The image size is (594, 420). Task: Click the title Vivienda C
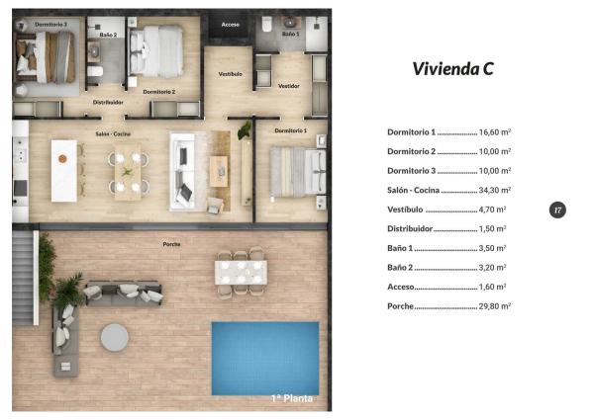tap(452, 69)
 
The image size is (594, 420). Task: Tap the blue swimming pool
tap(264, 358)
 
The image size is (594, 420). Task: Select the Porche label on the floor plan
tap(171, 244)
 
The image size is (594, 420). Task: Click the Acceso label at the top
tap(231, 24)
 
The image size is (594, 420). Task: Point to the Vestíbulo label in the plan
tap(230, 74)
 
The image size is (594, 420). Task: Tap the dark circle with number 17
tap(558, 210)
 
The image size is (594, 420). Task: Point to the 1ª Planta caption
tap(292, 399)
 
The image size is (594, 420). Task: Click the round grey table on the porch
tap(114, 336)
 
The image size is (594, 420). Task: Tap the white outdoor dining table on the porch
tap(241, 269)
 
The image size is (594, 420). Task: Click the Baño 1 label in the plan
tap(289, 34)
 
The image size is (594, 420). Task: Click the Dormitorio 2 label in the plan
tap(158, 92)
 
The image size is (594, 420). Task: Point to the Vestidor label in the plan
tap(289, 86)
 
